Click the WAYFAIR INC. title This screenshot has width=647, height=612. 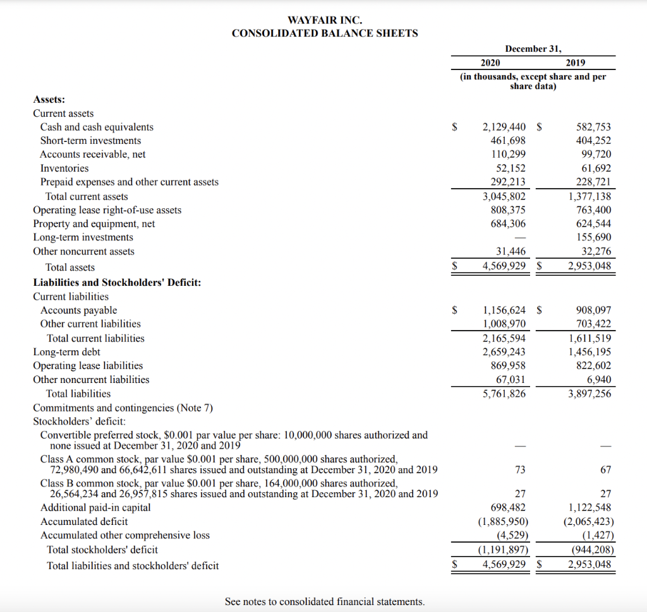click(x=325, y=20)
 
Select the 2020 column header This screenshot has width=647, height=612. click(x=490, y=62)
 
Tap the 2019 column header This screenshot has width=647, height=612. click(x=576, y=62)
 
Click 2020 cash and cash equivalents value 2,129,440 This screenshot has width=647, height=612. click(x=504, y=127)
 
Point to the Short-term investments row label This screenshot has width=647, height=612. click(x=90, y=141)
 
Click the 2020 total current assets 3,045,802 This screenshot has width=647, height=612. click(x=504, y=196)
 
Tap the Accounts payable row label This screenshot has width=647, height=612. click(x=78, y=310)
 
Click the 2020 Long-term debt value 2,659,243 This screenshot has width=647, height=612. click(x=504, y=352)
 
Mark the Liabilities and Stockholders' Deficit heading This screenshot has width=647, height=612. click(x=117, y=282)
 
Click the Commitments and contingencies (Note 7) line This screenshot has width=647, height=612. click(x=123, y=408)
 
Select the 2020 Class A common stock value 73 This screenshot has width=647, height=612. click(x=520, y=470)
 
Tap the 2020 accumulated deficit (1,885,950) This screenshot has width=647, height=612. click(x=501, y=522)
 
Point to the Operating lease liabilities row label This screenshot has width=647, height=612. click(x=88, y=366)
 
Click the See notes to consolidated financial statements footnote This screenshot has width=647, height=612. click(x=324, y=602)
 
